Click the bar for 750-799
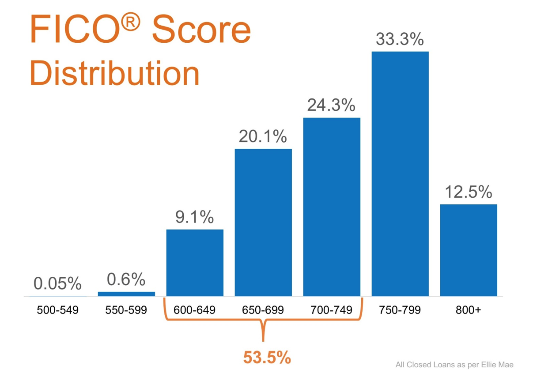pyautogui.click(x=400, y=174)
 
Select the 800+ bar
pyautogui.click(x=469, y=250)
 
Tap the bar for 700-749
pyautogui.click(x=332, y=207)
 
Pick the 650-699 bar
pyautogui.click(x=263, y=222)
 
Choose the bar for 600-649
pyautogui.click(x=195, y=263)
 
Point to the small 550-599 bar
pyautogui.click(x=126, y=294)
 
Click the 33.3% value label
pyautogui.click(x=400, y=39)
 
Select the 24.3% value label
pyautogui.click(x=331, y=105)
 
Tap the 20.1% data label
pyautogui.click(x=263, y=136)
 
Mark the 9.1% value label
pyautogui.click(x=194, y=217)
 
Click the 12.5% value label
pyautogui.click(x=469, y=192)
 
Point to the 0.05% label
pyautogui.click(x=57, y=283)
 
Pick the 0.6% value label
pyautogui.click(x=126, y=279)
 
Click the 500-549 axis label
pyautogui.click(x=58, y=310)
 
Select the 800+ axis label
pyautogui.click(x=468, y=310)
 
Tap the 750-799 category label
pyautogui.click(x=400, y=310)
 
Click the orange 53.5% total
pyautogui.click(x=267, y=357)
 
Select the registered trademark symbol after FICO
pyautogui.click(x=131, y=22)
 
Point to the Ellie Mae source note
pyautogui.click(x=454, y=365)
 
